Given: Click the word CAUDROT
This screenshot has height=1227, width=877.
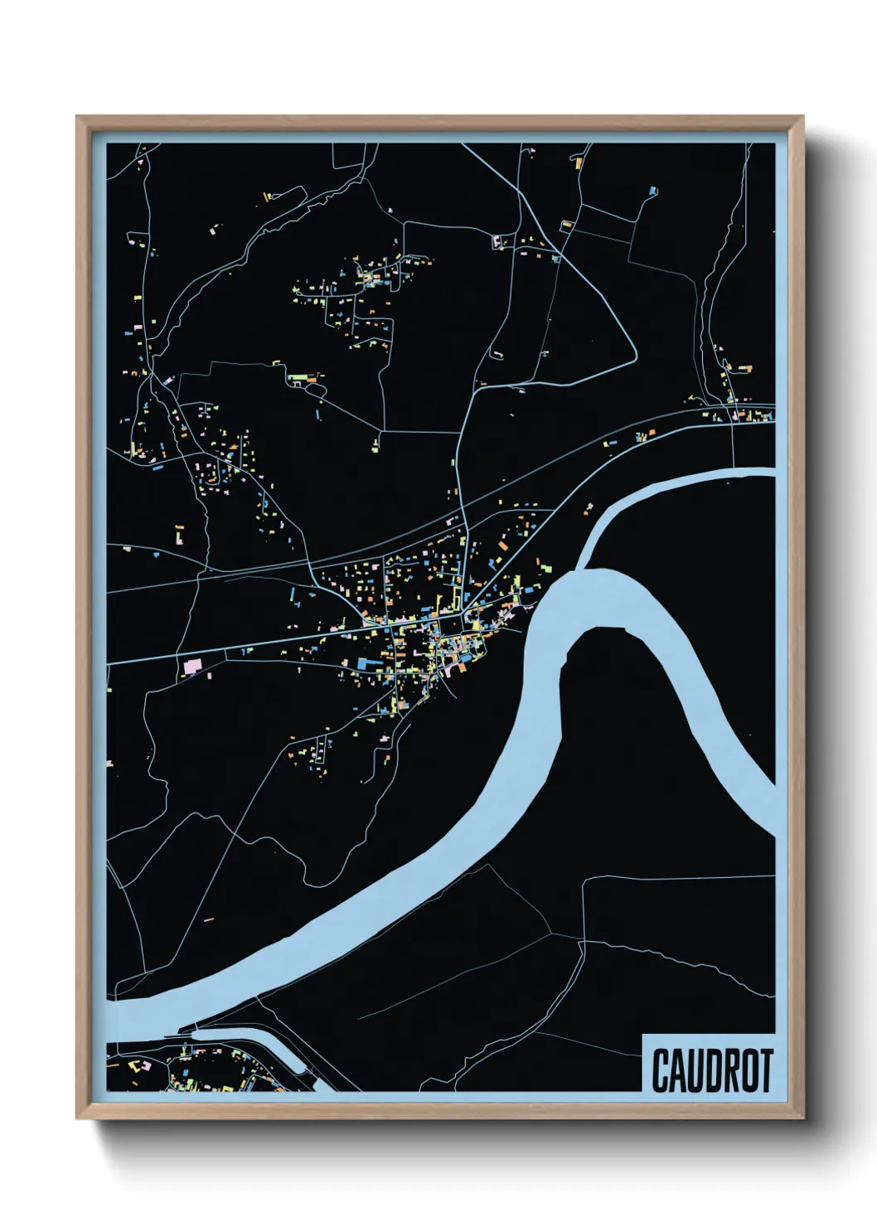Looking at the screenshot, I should [712, 1070].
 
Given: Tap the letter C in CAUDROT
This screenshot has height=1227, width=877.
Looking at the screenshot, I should [661, 1070].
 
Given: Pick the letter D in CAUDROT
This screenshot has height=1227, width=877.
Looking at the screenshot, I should [703, 1070].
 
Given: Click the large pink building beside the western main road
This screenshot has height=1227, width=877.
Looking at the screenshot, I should [193, 665].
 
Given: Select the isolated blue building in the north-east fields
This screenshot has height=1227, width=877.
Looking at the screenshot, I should [653, 192].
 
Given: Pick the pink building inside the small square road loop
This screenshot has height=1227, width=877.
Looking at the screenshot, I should [499, 243].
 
